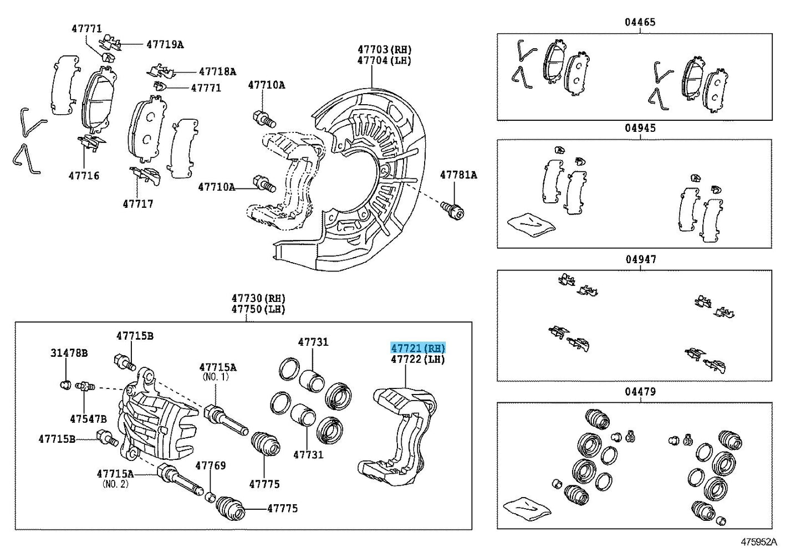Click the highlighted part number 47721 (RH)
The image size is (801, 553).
pyautogui.click(x=418, y=348)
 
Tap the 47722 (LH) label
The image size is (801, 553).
pyautogui.click(x=418, y=359)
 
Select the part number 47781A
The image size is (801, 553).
pyautogui.click(x=458, y=175)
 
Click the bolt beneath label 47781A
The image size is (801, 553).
pyautogui.click(x=453, y=209)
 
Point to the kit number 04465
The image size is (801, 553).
pyautogui.click(x=640, y=22)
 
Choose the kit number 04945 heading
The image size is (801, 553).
pyautogui.click(x=640, y=128)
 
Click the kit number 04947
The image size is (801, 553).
pyautogui.click(x=641, y=259)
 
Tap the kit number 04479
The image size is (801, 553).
pyautogui.click(x=640, y=392)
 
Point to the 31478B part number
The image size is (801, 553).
pyautogui.click(x=69, y=353)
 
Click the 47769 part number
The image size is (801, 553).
pyautogui.click(x=211, y=465)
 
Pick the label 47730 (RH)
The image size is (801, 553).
pyautogui.click(x=258, y=298)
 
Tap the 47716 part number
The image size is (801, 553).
pyautogui.click(x=84, y=176)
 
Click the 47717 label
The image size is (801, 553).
pyautogui.click(x=138, y=204)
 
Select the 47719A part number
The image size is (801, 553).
pyautogui.click(x=165, y=44)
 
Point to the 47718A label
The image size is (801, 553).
pyautogui.click(x=217, y=71)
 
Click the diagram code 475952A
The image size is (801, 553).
pyautogui.click(x=759, y=541)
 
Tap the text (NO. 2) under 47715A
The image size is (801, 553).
pyautogui.click(x=115, y=484)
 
